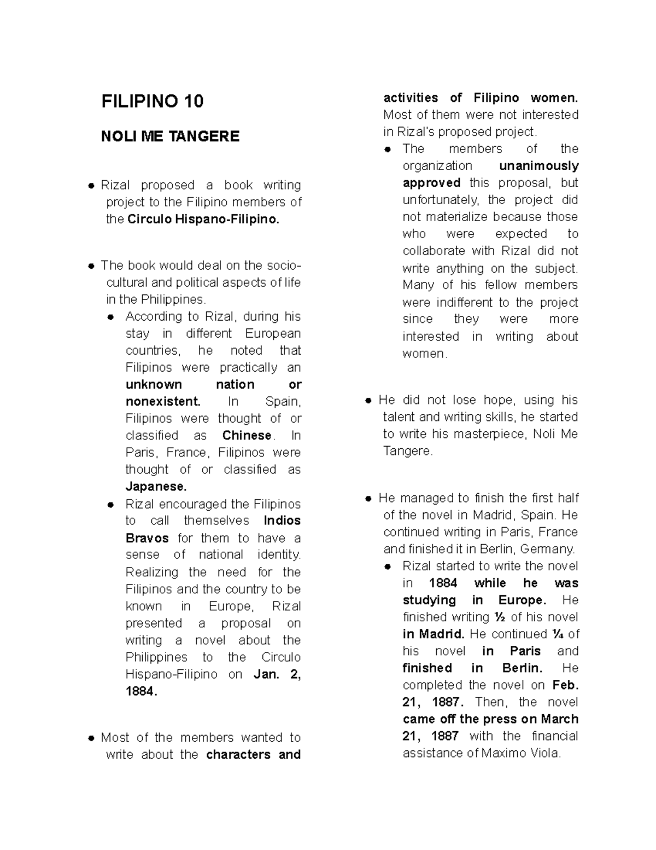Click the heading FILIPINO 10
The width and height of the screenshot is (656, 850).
pyautogui.click(x=152, y=101)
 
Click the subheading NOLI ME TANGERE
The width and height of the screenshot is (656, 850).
pyautogui.click(x=170, y=136)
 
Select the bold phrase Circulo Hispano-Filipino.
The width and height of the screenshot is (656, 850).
pyautogui.click(x=203, y=219)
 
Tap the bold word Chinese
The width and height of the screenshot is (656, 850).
pyautogui.click(x=247, y=436)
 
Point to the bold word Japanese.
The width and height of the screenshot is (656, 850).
pyautogui.click(x=156, y=487)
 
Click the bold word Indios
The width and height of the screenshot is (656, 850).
pyautogui.click(x=282, y=521)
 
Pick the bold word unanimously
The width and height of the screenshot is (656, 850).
pyautogui.click(x=538, y=166)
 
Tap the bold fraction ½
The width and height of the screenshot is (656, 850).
pyautogui.click(x=500, y=617)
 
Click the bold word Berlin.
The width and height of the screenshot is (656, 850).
pyautogui.click(x=522, y=668)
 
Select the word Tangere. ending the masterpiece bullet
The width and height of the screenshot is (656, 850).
pyautogui.click(x=408, y=452)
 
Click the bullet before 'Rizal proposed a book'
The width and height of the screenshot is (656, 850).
pyautogui.click(x=91, y=186)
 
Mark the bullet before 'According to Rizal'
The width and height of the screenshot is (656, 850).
pyautogui.click(x=111, y=317)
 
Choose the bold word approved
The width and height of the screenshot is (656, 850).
pyautogui.click(x=431, y=183)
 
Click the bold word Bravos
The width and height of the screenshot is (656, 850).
pyautogui.click(x=147, y=538)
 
